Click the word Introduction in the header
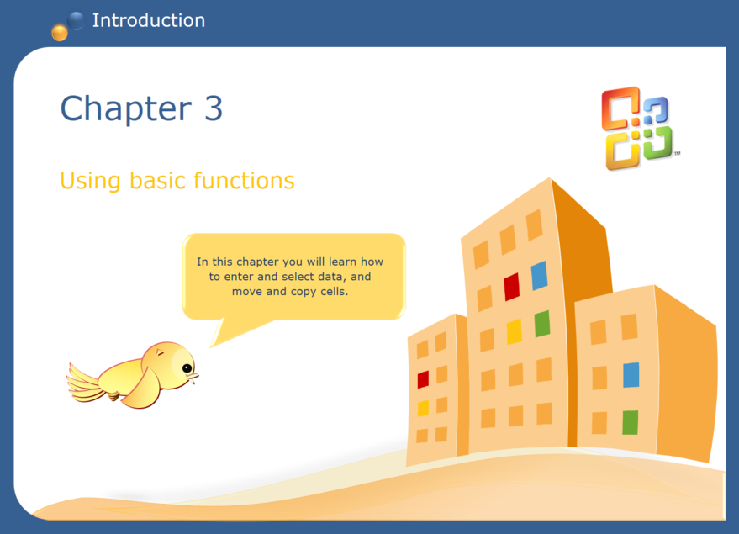point(148,20)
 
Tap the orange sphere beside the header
point(59,33)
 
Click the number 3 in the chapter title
point(213,108)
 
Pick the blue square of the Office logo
point(656,109)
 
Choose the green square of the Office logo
point(656,145)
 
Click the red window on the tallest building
point(511,287)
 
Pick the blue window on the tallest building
point(539,275)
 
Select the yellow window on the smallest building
point(423,408)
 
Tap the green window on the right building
point(630,422)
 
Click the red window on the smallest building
point(423,379)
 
